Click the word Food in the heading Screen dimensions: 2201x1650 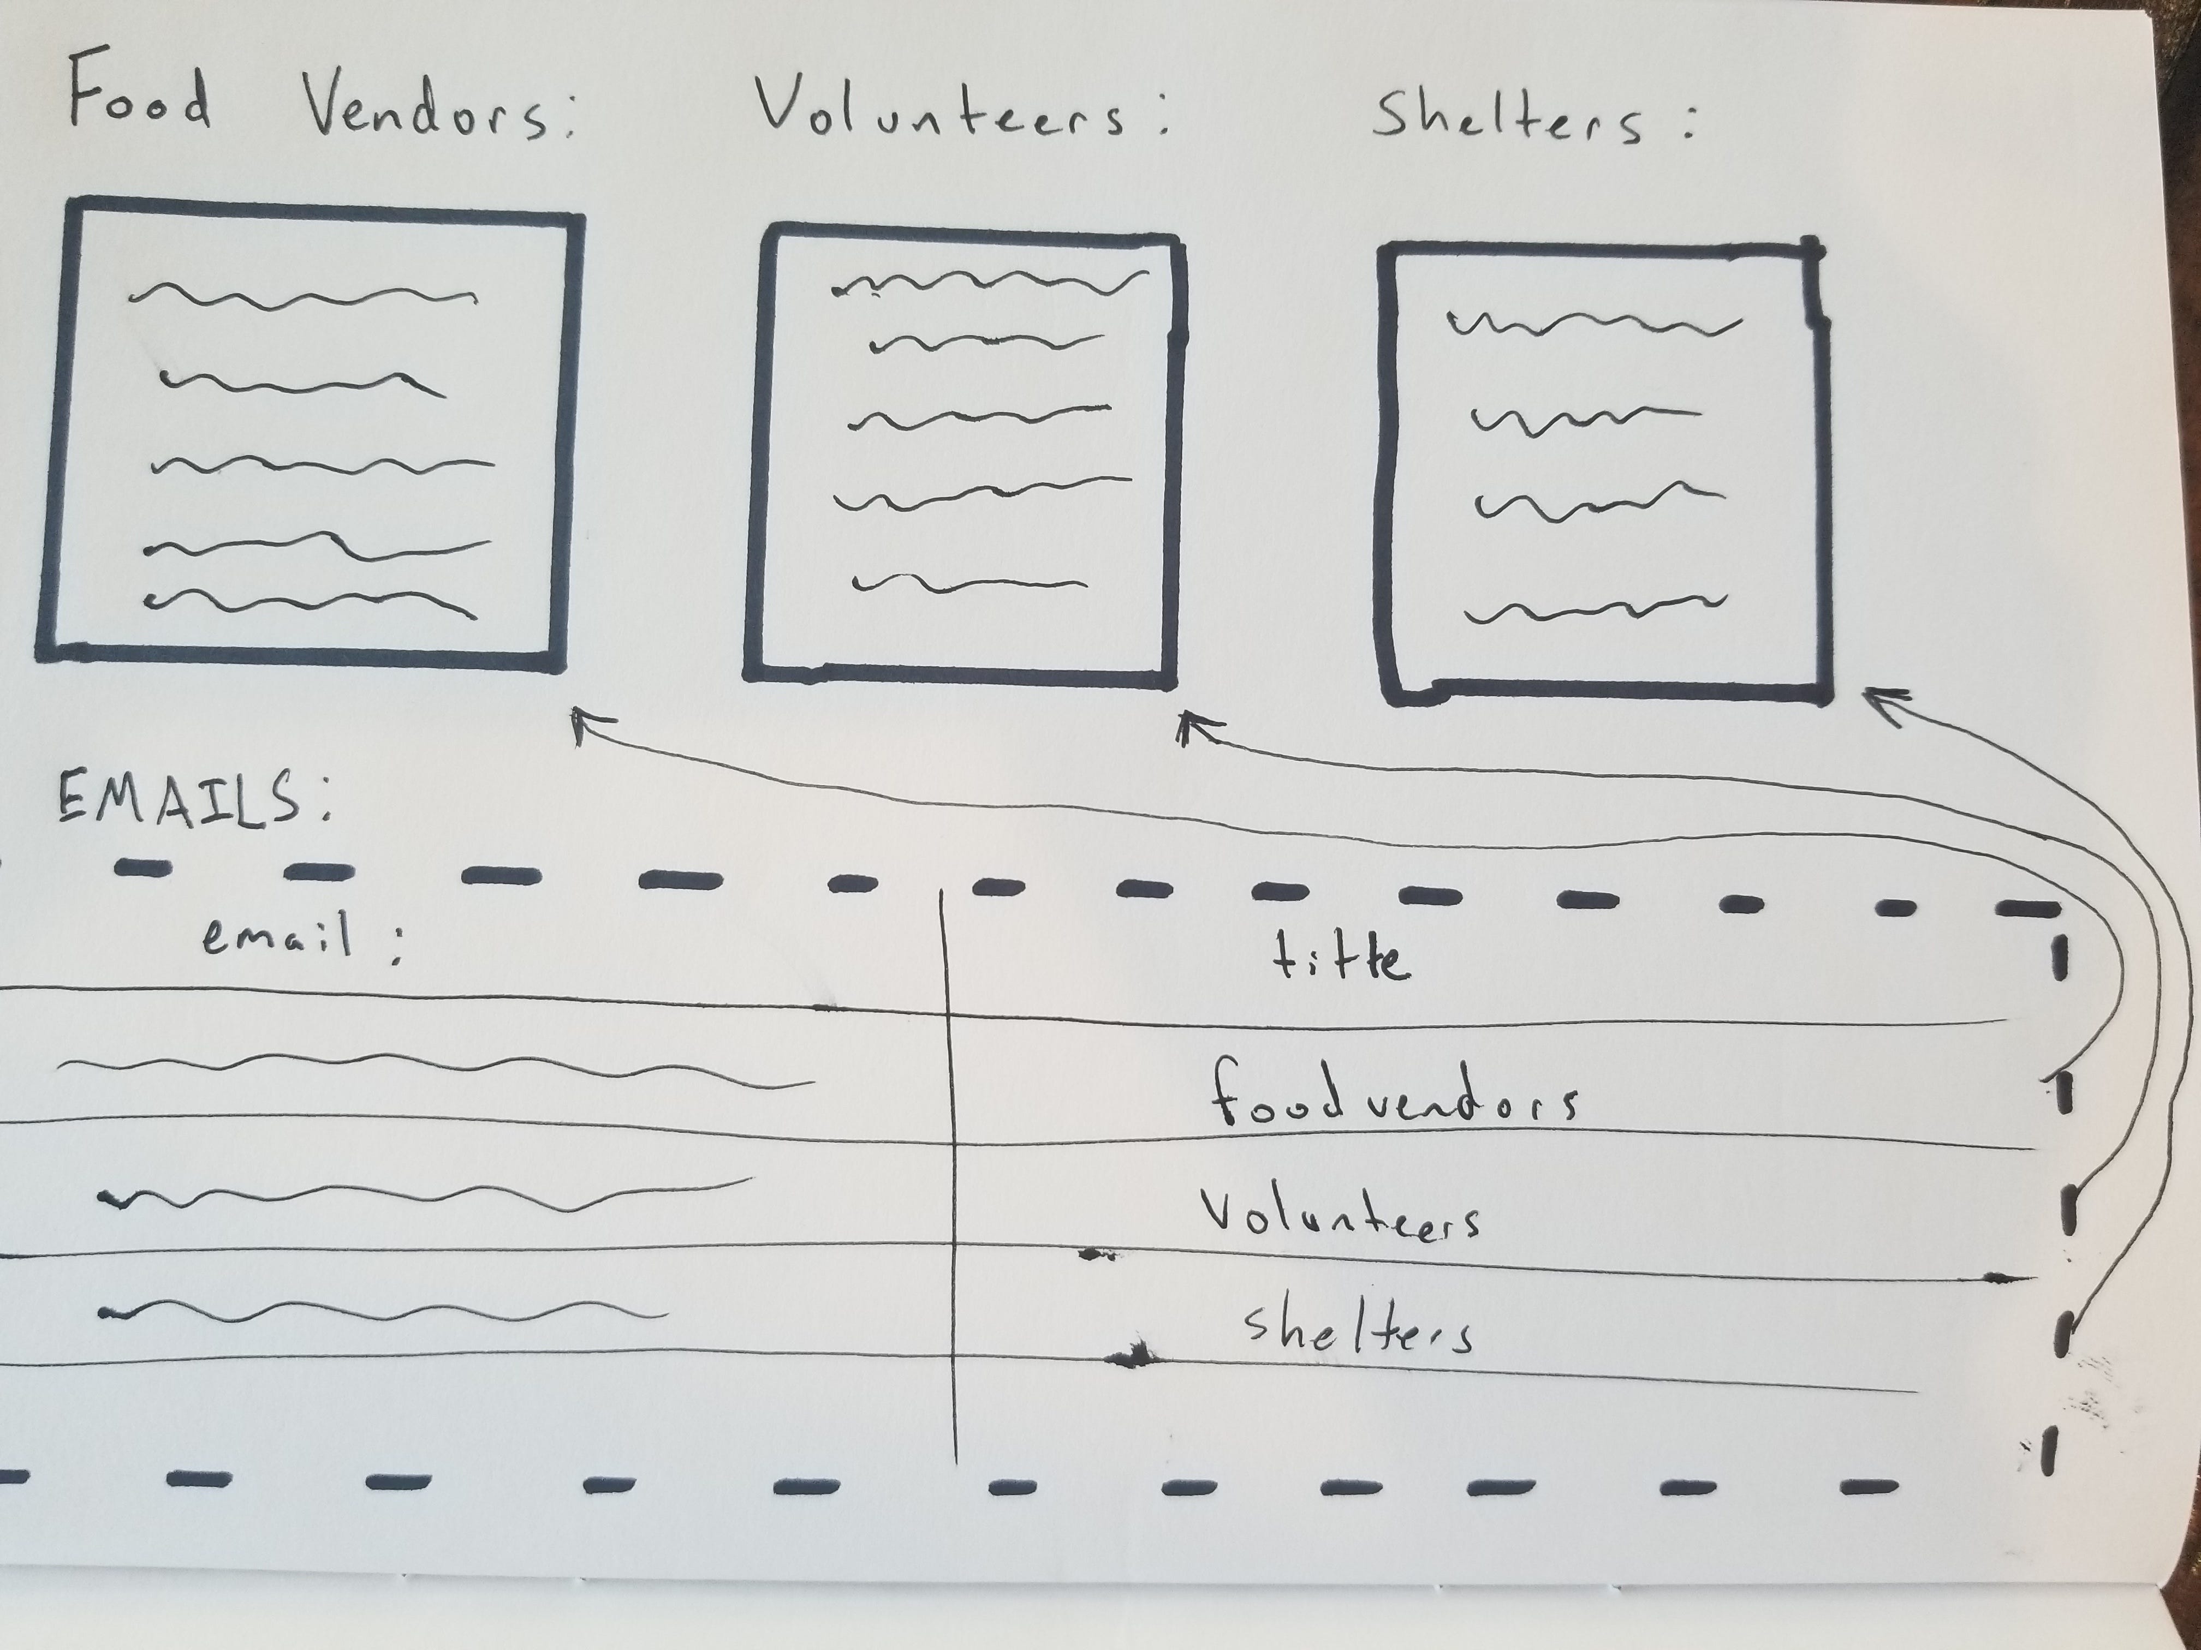pos(139,99)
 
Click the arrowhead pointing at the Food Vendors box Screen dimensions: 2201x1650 pos(587,722)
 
